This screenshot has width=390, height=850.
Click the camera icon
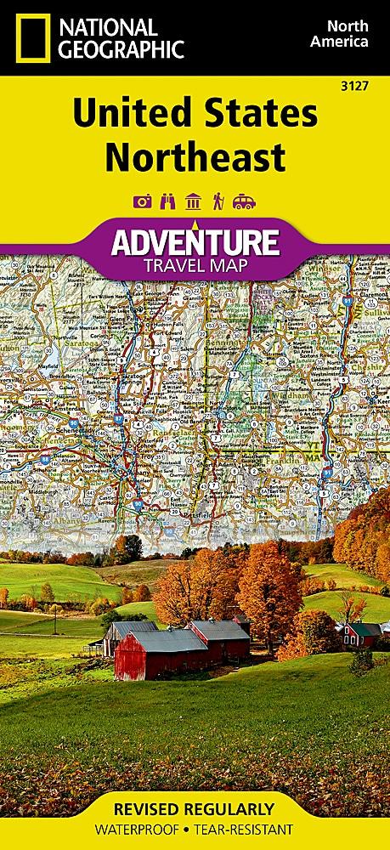(x=141, y=201)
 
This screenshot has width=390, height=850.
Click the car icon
(x=244, y=201)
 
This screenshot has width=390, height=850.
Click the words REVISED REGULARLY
(x=195, y=808)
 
